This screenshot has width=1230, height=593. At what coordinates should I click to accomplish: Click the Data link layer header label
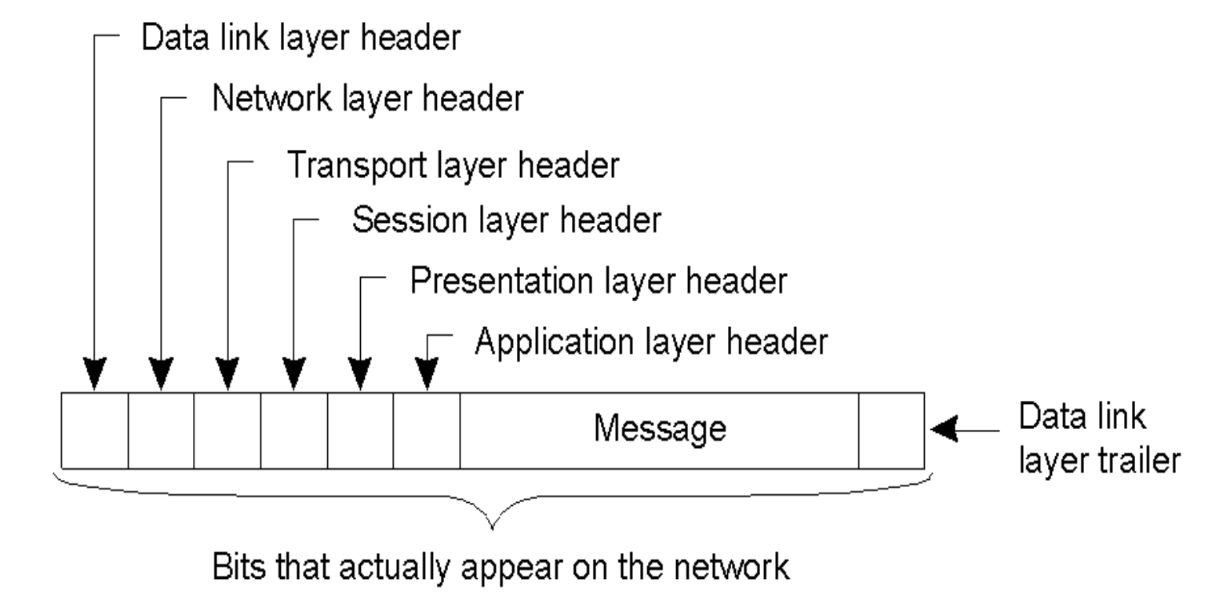point(300,39)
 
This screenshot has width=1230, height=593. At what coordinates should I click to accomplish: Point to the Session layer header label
point(506,220)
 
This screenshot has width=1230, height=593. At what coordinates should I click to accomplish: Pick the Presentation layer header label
point(598,281)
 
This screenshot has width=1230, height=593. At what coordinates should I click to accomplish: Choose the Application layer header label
point(651,342)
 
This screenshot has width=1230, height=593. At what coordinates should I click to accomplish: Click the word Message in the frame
point(659,428)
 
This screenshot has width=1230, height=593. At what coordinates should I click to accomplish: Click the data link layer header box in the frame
point(95,430)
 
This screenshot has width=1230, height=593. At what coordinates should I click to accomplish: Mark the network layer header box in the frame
point(161,430)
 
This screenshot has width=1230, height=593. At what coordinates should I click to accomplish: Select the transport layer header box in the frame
point(227,430)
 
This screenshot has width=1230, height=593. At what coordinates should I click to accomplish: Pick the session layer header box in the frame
point(294,430)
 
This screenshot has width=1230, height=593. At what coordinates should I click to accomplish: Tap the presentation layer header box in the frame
point(360,430)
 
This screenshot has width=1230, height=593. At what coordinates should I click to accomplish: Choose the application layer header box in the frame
point(427,430)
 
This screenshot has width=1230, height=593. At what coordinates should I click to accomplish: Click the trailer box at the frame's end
point(891,430)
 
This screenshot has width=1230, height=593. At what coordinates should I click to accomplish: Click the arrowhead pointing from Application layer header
point(427,375)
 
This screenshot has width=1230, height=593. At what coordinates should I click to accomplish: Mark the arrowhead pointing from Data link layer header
point(95,375)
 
